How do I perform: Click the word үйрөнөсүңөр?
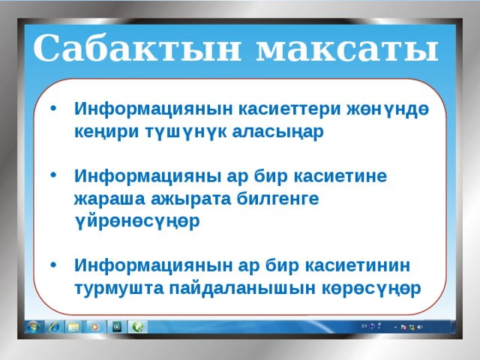(136, 222)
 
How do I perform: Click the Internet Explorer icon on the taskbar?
(54, 327)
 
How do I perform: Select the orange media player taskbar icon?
(95, 327)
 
